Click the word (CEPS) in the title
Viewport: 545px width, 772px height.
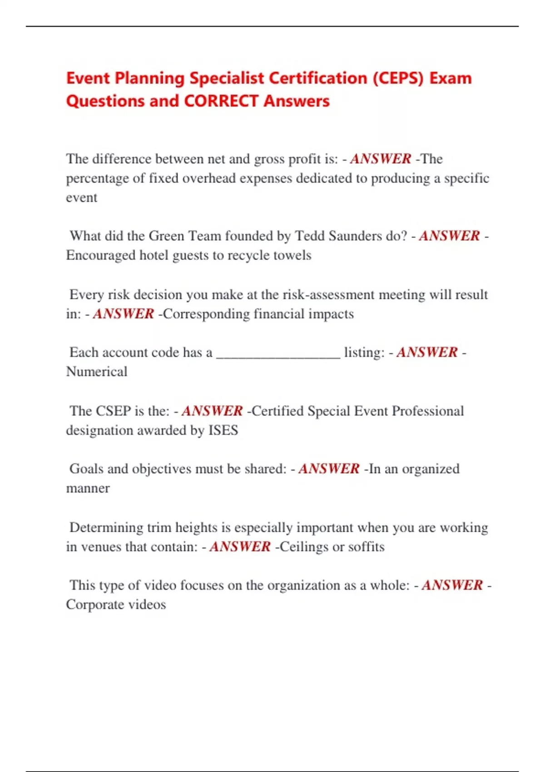[x=398, y=78]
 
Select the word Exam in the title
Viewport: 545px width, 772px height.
[x=451, y=78]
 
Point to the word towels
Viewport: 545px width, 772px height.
[x=289, y=255]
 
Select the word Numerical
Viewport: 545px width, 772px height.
[x=97, y=372]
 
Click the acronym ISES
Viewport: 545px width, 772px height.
[x=223, y=430]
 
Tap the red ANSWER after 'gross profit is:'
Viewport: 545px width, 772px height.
[x=381, y=159]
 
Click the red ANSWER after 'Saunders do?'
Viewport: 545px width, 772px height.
[x=449, y=236]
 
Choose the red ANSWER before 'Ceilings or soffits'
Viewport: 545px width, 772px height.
[x=240, y=547]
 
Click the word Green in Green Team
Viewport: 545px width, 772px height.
[x=166, y=236]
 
